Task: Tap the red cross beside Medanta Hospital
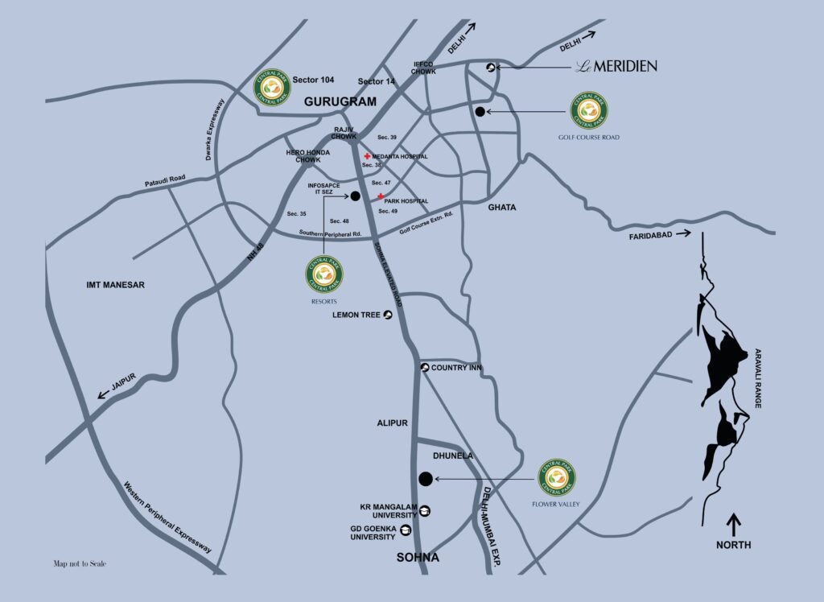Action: [x=367, y=156]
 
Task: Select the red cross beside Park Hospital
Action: [x=380, y=196]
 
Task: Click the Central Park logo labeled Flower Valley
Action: [x=557, y=476]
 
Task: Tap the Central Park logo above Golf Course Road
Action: [x=589, y=111]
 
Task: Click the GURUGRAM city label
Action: [x=340, y=102]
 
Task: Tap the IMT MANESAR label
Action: [x=115, y=285]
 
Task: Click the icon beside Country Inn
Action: [x=425, y=368]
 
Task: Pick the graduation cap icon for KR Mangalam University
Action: [x=425, y=511]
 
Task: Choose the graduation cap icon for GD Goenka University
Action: [x=405, y=530]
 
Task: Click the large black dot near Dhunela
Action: [x=425, y=479]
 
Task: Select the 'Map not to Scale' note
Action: [x=80, y=564]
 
